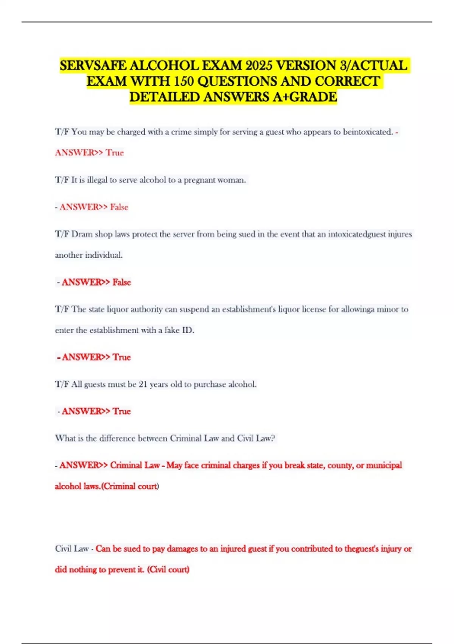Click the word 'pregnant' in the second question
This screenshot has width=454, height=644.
tap(199, 180)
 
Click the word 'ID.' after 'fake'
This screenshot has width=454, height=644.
tap(188, 330)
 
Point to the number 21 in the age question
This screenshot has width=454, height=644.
tap(143, 384)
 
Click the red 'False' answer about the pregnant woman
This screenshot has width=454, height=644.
tap(119, 207)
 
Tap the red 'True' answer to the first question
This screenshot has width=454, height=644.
tap(115, 153)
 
